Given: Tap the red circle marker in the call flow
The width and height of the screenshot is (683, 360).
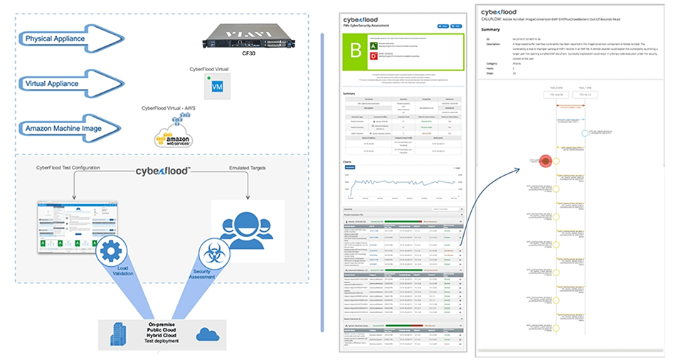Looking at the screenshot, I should pos(545,162).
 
